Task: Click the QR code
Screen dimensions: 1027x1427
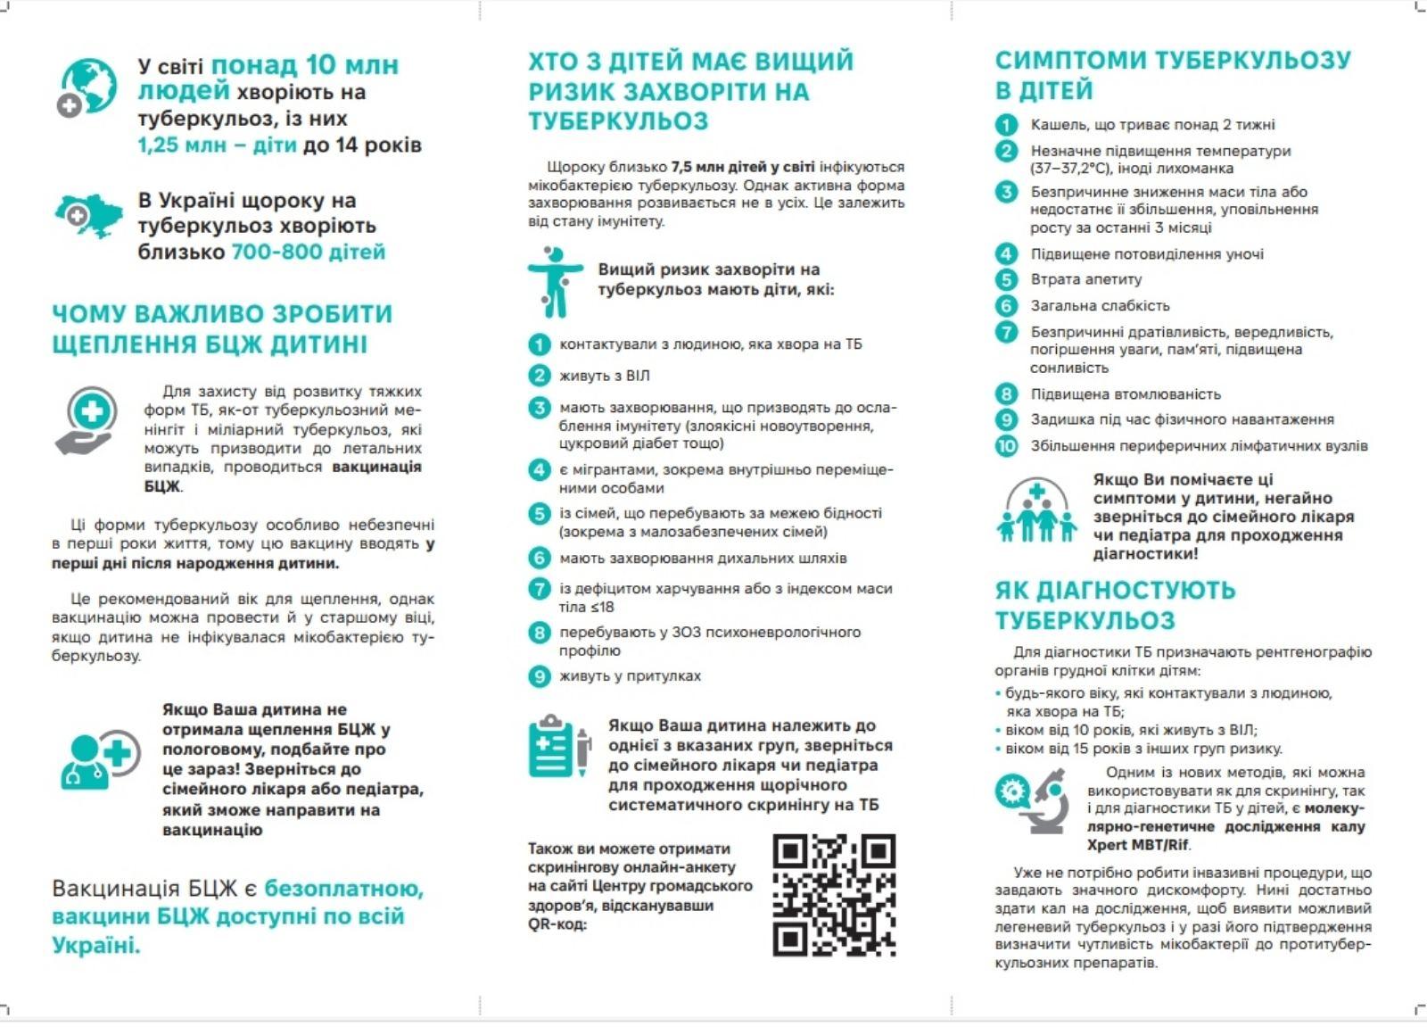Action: [834, 895]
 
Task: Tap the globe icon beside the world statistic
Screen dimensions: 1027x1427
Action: [86, 87]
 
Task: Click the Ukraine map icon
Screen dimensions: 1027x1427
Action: [87, 215]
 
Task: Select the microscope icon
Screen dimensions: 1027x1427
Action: [1034, 800]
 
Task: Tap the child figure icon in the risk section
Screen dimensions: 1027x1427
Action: [554, 281]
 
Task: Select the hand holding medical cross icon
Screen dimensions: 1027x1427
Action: [87, 420]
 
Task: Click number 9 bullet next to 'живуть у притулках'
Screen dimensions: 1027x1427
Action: [539, 676]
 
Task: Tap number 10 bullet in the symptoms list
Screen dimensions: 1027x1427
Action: [1006, 445]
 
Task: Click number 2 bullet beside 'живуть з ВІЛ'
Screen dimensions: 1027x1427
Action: [539, 376]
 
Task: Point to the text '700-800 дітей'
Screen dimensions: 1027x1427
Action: [309, 252]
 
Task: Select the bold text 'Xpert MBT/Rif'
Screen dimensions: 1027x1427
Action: [1138, 845]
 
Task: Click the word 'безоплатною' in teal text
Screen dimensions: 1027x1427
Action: [343, 889]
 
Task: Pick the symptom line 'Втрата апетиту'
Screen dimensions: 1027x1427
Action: [1086, 279]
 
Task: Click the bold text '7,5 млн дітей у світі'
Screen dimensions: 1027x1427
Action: [743, 167]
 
